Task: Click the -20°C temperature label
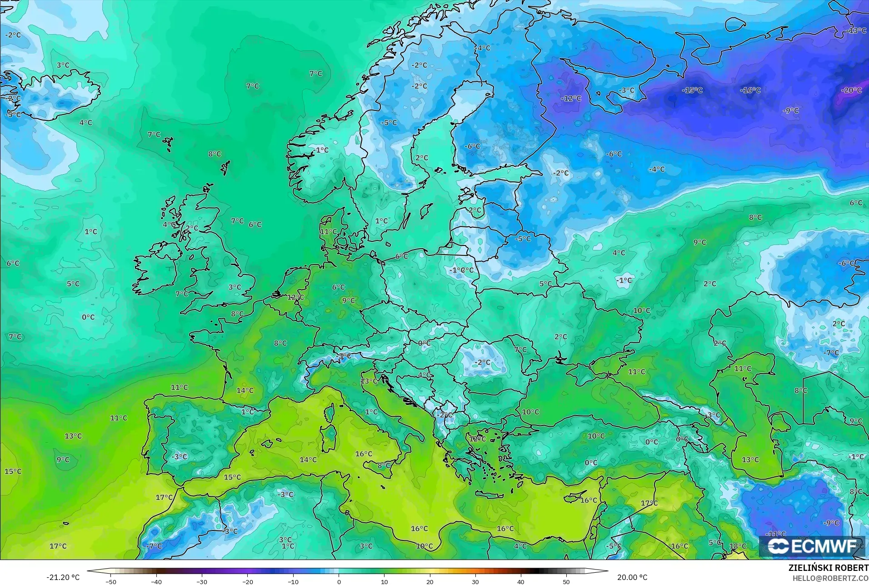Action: (x=851, y=90)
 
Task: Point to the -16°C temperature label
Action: (x=750, y=90)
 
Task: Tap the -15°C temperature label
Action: (x=692, y=90)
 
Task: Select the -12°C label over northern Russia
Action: (x=571, y=98)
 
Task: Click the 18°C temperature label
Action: (x=738, y=546)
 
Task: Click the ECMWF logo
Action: (x=812, y=546)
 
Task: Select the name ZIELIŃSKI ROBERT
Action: (x=828, y=568)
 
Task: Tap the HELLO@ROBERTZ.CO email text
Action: (x=831, y=578)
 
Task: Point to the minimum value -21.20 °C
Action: (x=63, y=577)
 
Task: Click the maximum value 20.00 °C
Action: (x=632, y=577)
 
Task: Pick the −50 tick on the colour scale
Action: (x=111, y=581)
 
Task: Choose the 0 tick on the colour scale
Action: (x=339, y=581)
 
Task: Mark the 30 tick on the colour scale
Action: (x=475, y=581)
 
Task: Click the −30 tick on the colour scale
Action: (x=202, y=581)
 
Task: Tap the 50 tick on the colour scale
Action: (x=566, y=581)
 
